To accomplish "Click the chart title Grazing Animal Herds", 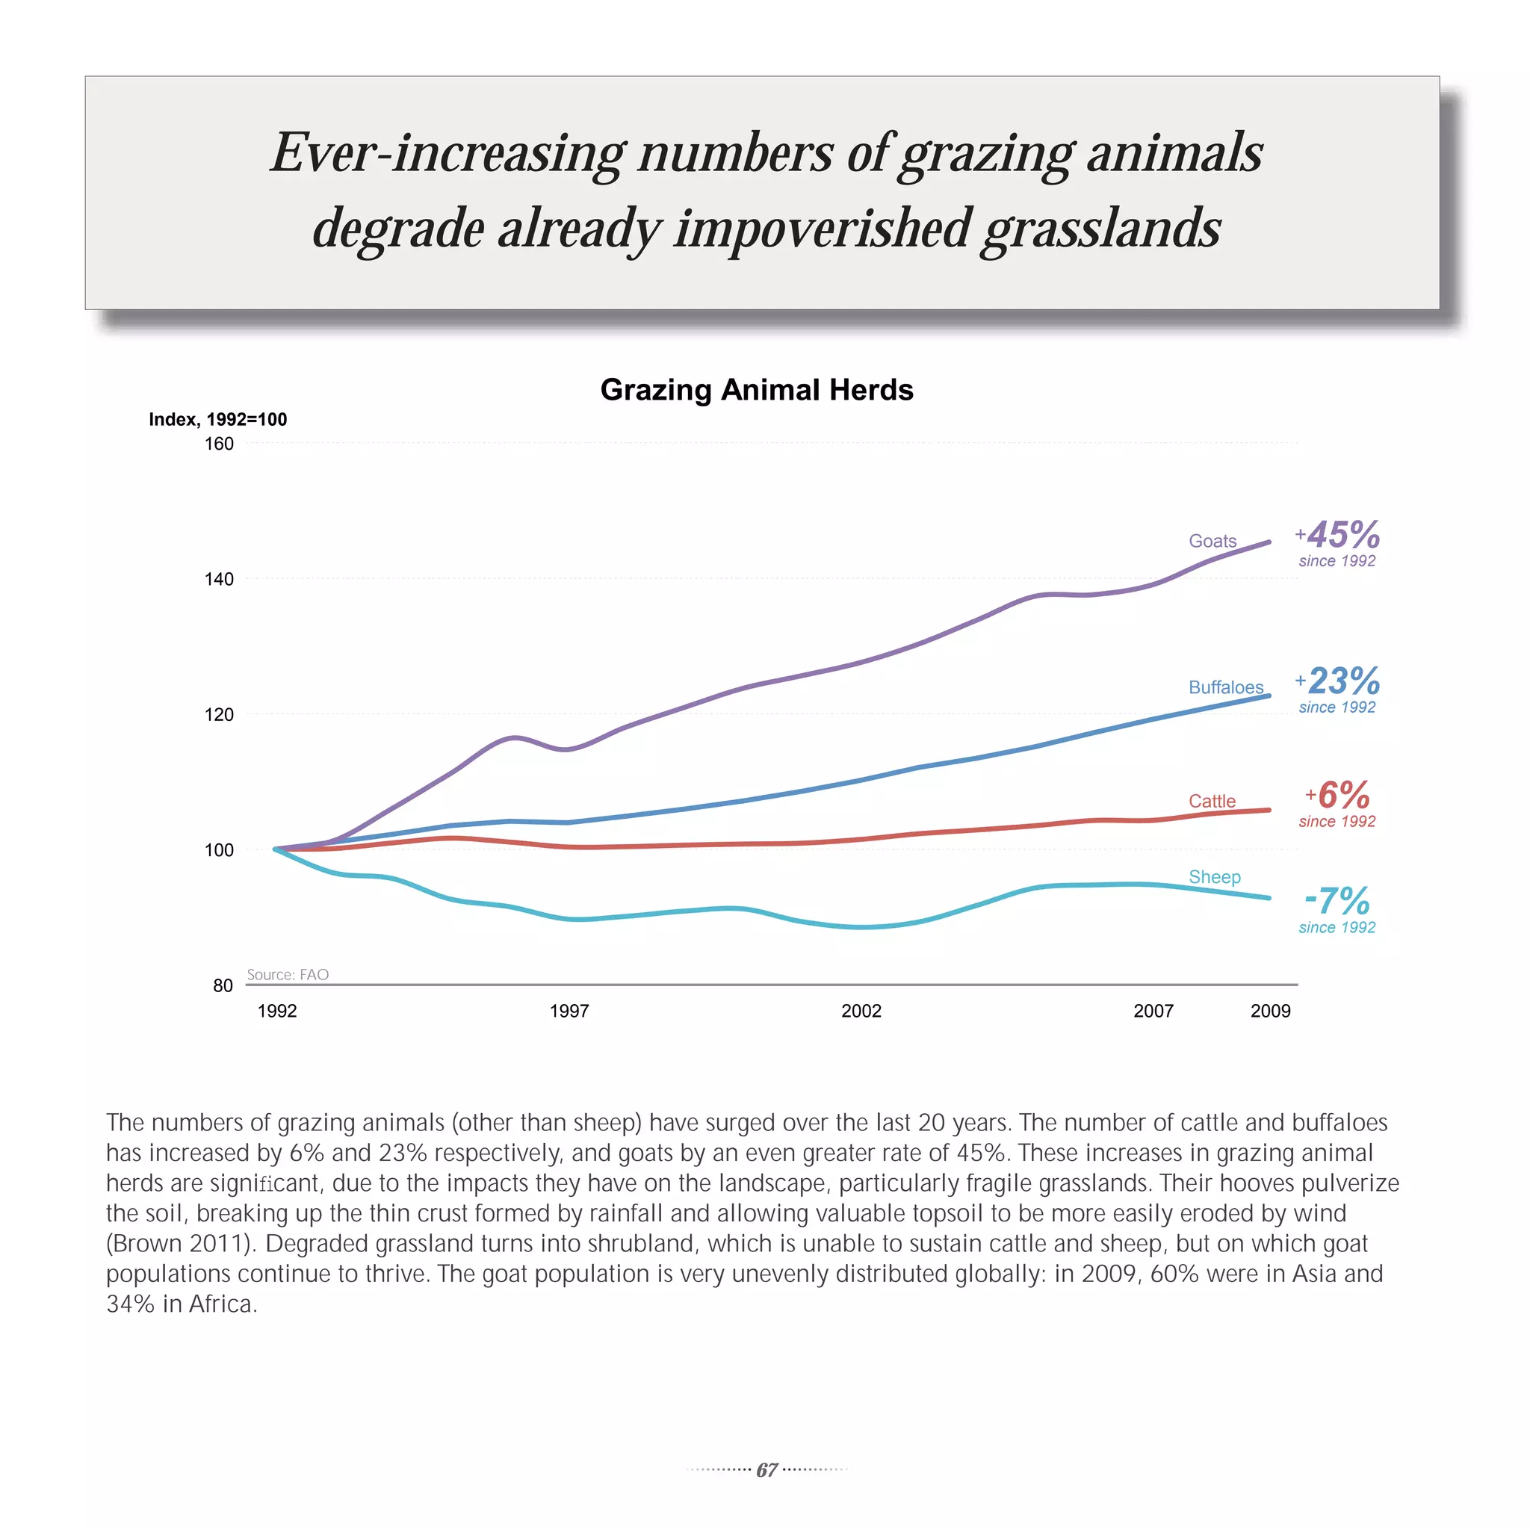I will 756,390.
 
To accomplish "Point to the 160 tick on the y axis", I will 220,444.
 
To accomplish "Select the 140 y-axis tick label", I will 220,579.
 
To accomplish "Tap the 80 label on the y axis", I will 223,985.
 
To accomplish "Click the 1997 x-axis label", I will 569,1011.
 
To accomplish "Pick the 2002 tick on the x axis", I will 861,1011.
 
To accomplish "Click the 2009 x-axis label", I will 1270,1011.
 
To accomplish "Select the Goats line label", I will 1212,541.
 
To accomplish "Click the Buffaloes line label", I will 1226,687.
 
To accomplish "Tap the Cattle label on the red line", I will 1212,801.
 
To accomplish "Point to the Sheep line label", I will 1214,876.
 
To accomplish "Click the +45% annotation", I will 1338,535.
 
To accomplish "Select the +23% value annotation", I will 1338,681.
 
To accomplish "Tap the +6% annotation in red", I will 1338,795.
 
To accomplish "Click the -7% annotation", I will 1337,901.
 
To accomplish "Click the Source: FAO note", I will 288,974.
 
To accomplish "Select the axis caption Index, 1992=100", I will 218,419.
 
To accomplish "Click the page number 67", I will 766,1469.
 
